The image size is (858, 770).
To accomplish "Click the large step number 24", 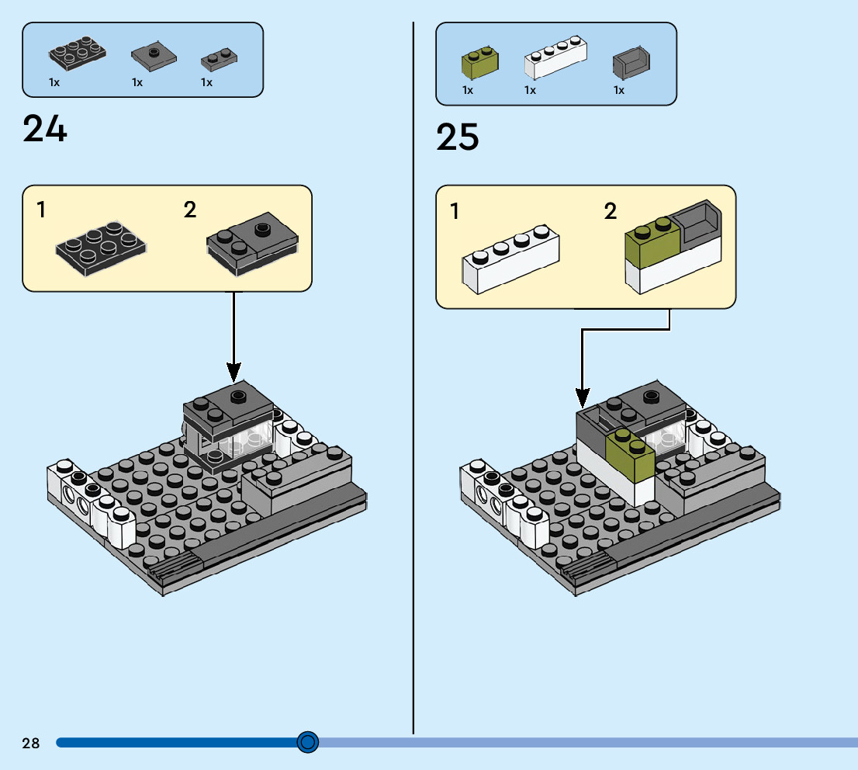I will pos(45,129).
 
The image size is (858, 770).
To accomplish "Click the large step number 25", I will pos(458,137).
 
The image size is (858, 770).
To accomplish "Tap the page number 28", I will pos(31,744).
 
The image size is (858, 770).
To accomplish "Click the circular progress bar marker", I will pos(308,743).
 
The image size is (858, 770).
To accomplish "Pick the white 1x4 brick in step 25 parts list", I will pos(555,57).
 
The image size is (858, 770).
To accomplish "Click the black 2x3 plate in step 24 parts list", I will pos(78,53).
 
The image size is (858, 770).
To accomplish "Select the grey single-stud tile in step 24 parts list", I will pos(154,54).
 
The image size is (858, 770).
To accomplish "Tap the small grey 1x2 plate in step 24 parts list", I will pos(220,57).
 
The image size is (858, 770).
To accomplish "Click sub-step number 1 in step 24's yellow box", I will pos(40,210).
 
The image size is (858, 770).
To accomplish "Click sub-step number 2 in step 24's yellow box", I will pos(190,210).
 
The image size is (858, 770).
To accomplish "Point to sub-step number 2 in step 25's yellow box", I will pos(611,211).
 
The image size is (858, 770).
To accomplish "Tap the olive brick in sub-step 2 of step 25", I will pos(652,241).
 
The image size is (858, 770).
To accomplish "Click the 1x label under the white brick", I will pos(531,90).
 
